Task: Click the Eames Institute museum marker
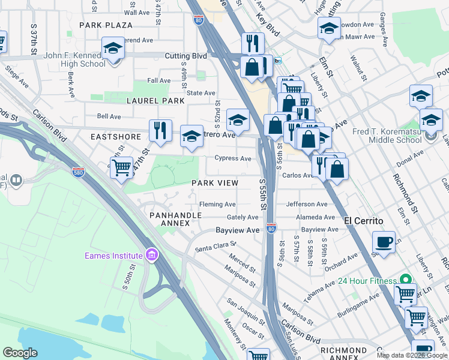click(x=152, y=256)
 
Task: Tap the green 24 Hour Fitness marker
click(x=406, y=280)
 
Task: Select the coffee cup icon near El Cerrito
click(x=384, y=242)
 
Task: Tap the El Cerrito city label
click(x=363, y=220)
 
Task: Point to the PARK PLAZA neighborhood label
click(x=105, y=25)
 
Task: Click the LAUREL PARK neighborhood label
click(x=155, y=101)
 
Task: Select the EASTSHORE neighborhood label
click(x=111, y=137)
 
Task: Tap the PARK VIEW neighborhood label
click(x=215, y=182)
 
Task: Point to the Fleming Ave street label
click(x=217, y=204)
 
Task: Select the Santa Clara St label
click(x=215, y=245)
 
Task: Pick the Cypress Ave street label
click(x=233, y=158)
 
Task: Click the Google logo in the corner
click(x=20, y=353)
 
